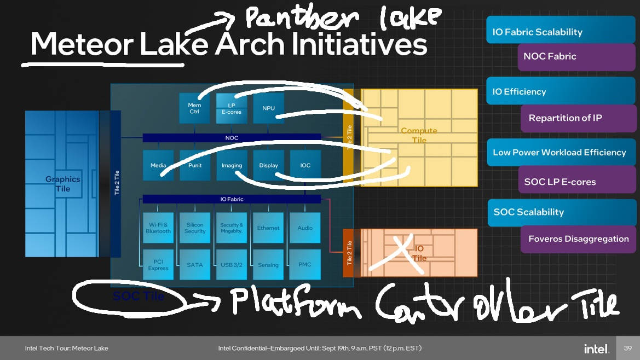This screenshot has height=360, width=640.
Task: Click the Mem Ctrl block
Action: pyautogui.click(x=194, y=108)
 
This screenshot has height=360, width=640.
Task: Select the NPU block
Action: pyautogui.click(x=268, y=108)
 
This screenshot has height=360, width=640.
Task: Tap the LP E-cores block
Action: pyautogui.click(x=231, y=108)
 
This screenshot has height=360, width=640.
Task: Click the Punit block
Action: pyautogui.click(x=195, y=165)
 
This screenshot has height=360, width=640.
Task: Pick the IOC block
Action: pyautogui.click(x=305, y=165)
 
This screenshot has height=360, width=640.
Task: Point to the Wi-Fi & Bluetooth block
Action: pyautogui.click(x=158, y=228)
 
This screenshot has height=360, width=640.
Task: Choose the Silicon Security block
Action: pyautogui.click(x=195, y=228)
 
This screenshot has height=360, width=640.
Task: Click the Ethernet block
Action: pyautogui.click(x=268, y=228)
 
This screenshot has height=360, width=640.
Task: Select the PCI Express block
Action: pyautogui.click(x=158, y=265)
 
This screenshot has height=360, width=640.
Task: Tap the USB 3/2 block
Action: pyautogui.click(x=232, y=265)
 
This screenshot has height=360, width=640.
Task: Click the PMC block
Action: pyautogui.click(x=305, y=265)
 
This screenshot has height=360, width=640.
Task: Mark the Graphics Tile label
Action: pyautogui.click(x=62, y=184)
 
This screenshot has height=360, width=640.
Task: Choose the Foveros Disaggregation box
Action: pyautogui.click(x=578, y=239)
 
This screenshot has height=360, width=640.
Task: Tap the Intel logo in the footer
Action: pyautogui.click(x=596, y=349)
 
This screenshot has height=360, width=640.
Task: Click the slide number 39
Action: pyautogui.click(x=628, y=349)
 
